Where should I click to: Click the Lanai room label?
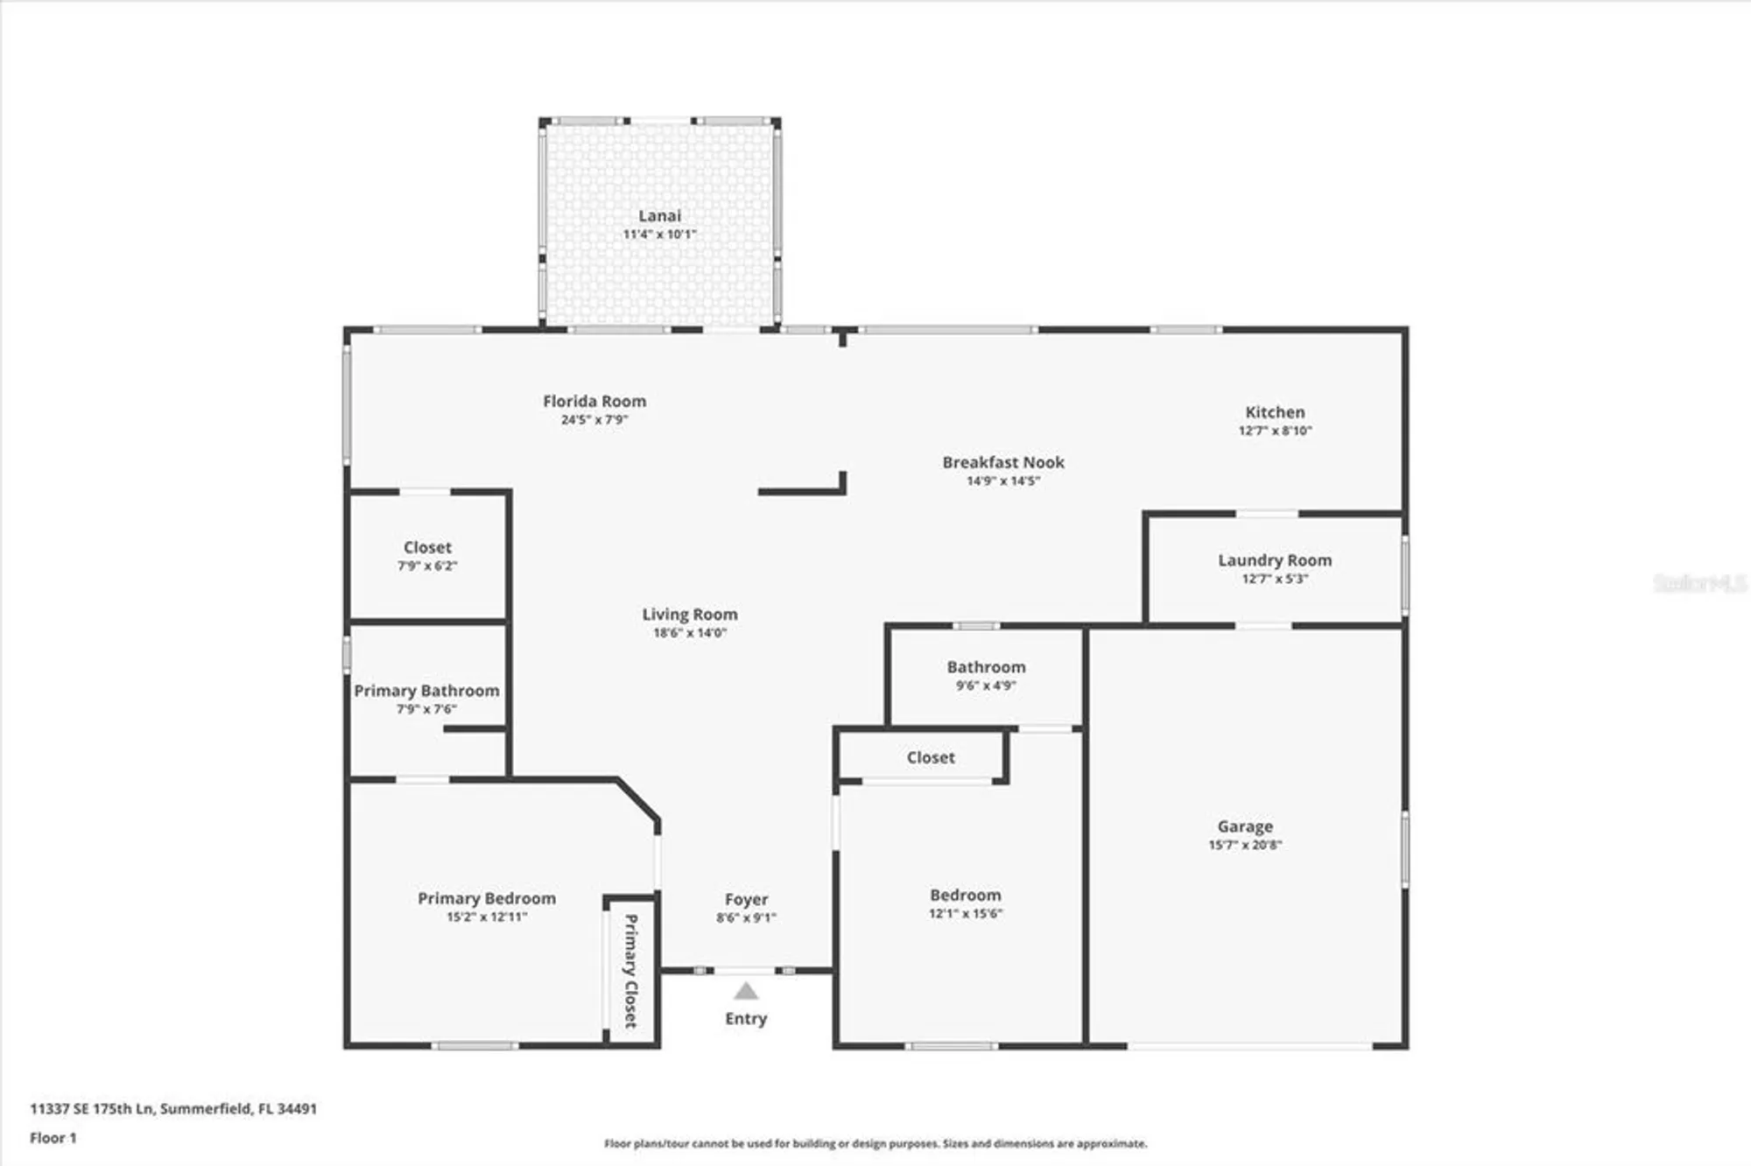(659, 215)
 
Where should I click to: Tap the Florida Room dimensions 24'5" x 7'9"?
(594, 420)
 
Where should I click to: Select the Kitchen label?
(1275, 411)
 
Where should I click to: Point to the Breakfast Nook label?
(1003, 462)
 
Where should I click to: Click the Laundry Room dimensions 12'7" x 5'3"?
(1275, 579)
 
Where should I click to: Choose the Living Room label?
(690, 615)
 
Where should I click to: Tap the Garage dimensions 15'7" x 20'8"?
(1245, 845)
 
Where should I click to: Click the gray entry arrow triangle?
(746, 991)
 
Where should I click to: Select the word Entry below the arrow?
(746, 1018)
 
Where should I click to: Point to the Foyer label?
(746, 899)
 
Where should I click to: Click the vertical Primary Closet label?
(630, 970)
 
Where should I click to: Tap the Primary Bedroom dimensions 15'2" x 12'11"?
(487, 917)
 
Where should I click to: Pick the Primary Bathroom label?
(426, 691)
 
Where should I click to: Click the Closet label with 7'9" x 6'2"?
(427, 547)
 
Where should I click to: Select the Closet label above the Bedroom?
(930, 757)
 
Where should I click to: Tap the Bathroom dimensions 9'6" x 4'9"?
(986, 685)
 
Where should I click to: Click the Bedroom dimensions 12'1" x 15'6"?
(966, 913)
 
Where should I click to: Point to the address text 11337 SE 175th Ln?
(92, 1108)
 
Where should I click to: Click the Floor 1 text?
(53, 1138)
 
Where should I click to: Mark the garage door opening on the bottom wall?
(1249, 1045)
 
